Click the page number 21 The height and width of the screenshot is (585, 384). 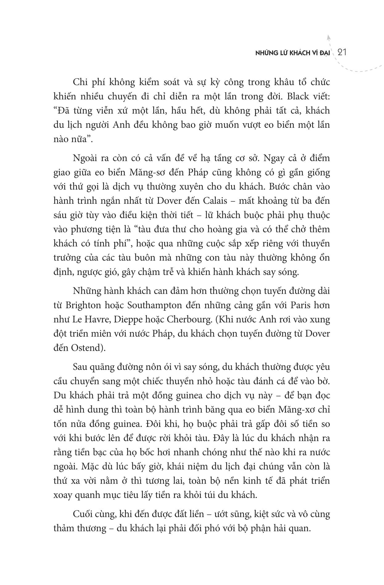[x=342, y=52]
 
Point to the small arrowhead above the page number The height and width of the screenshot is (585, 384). [x=329, y=36]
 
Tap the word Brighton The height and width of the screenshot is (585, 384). [x=83, y=305]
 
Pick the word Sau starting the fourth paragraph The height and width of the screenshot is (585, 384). [x=80, y=367]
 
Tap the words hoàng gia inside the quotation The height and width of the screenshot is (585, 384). [x=247, y=229]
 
